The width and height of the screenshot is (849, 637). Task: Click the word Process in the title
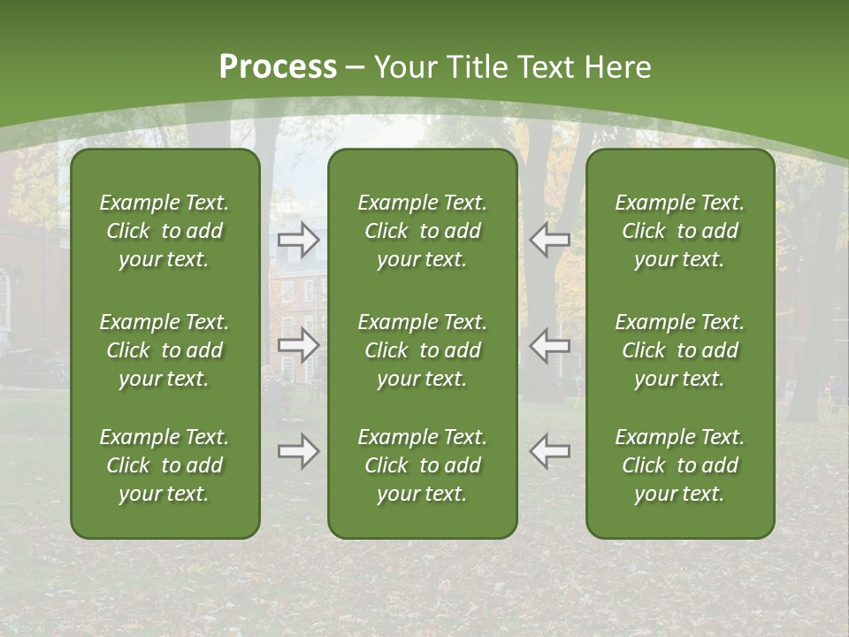(278, 67)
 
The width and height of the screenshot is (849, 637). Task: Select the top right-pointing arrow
(299, 239)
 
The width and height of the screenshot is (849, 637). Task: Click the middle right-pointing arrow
(299, 345)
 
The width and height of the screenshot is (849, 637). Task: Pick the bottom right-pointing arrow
(299, 451)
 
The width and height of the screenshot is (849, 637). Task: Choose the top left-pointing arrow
(549, 239)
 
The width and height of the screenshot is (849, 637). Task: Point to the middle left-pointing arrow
(549, 345)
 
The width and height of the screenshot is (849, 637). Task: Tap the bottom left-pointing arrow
(549, 451)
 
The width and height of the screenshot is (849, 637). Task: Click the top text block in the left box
(164, 231)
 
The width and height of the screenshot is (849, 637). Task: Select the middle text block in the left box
(164, 350)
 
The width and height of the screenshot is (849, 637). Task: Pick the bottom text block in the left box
(164, 465)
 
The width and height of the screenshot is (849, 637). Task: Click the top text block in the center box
(422, 231)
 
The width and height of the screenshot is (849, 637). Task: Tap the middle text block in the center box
(422, 350)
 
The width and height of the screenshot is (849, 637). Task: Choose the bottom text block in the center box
(422, 465)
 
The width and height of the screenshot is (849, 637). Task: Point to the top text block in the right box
(679, 231)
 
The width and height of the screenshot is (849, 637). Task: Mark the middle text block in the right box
(679, 350)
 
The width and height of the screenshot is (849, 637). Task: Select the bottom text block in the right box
(679, 465)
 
